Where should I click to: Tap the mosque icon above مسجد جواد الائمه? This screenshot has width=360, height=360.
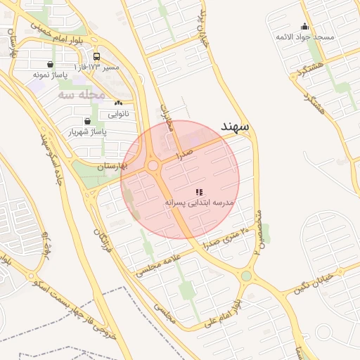304,26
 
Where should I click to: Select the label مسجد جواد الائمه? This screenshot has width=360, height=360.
304,36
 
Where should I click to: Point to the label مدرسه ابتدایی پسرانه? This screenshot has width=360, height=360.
199,202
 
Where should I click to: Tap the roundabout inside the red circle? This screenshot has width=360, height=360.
153,166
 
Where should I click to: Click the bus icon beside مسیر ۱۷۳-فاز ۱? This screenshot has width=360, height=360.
96,57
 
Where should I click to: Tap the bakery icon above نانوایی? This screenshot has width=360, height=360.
118,103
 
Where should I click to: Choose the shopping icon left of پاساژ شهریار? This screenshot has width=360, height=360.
87,121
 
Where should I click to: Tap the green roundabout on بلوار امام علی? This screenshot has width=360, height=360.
245,276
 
